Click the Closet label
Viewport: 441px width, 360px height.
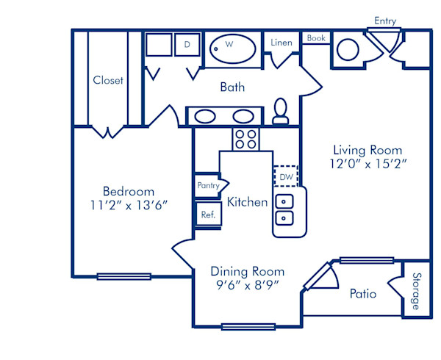pos(108,80)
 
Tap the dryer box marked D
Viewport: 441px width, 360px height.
pos(187,45)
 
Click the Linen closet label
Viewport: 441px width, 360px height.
pos(282,43)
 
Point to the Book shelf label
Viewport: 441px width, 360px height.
pos(316,38)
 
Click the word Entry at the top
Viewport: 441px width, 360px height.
pos(386,21)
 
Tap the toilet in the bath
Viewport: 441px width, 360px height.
pos(280,112)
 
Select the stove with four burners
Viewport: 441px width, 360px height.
pos(244,138)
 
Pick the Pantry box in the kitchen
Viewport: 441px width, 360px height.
pos(208,186)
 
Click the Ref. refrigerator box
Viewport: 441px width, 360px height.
pos(207,215)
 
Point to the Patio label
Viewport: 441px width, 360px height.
pos(363,294)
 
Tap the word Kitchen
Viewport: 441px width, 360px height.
pos(247,201)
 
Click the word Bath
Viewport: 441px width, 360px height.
pos(232,87)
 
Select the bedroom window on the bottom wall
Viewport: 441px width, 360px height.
pos(123,276)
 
